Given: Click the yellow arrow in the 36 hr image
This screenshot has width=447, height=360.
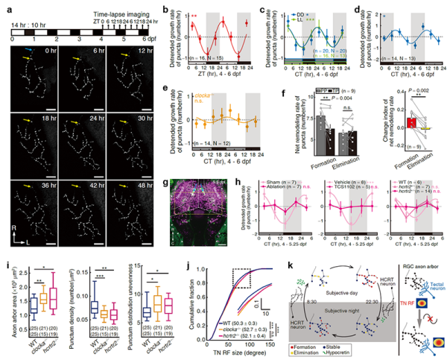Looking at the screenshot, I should click(28, 186).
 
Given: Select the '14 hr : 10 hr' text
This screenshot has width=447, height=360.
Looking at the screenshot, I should click(27, 25).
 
